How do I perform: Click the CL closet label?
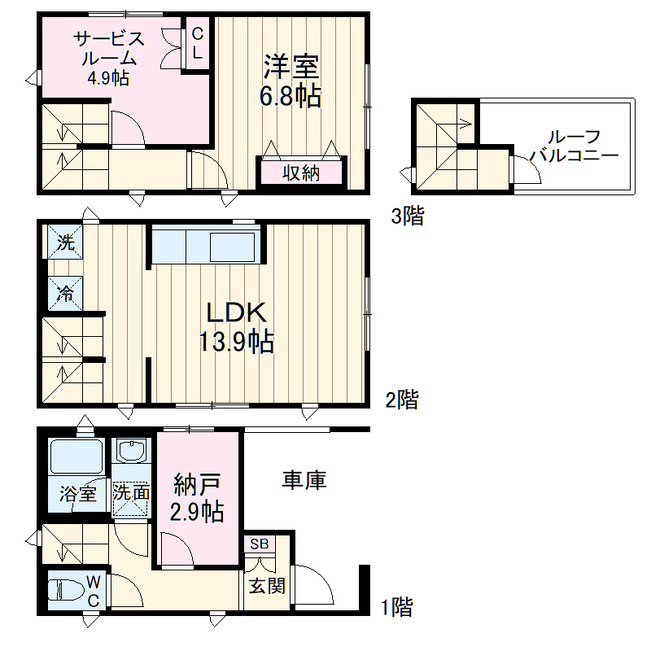point(198,43)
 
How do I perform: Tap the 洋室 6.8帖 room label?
point(291,81)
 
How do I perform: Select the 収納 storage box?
point(301,173)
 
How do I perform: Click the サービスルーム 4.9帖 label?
point(109,58)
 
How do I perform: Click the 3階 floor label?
point(408,216)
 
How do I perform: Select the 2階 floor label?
point(402,400)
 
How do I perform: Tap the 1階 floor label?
point(397,607)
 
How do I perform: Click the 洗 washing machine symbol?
point(65,242)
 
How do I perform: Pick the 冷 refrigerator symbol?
point(65,294)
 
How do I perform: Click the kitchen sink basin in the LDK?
point(233,247)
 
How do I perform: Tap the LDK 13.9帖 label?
point(237,328)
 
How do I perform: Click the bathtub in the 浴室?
point(76,457)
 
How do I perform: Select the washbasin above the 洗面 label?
point(132,450)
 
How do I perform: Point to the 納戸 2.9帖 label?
point(197,497)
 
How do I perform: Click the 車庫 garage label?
point(304,480)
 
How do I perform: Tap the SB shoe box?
point(260,544)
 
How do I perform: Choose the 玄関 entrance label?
point(267,586)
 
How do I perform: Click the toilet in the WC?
point(67,590)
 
